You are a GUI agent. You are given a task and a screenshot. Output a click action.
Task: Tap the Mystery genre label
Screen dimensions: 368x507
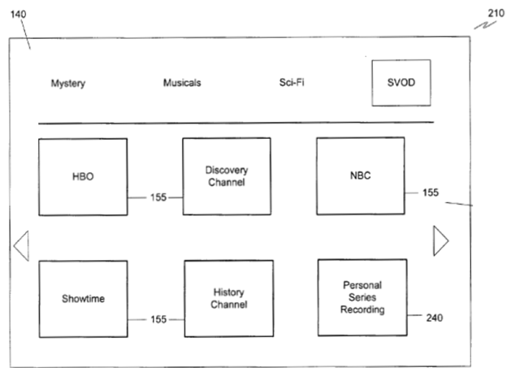pos(68,83)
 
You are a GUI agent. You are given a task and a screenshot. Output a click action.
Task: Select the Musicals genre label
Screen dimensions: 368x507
pos(182,83)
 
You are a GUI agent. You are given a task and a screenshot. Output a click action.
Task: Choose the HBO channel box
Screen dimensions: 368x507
pos(83,176)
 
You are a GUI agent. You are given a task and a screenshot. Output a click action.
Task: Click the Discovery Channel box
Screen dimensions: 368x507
pos(226,176)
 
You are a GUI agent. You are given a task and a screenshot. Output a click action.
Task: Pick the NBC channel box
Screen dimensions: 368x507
pos(360,175)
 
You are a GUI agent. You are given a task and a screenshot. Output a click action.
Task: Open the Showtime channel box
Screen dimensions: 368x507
pos(83,299)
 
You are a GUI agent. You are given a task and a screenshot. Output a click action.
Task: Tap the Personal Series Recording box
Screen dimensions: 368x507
pos(362,297)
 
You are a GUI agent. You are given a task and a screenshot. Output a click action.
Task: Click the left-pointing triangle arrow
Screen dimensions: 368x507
pos(21,245)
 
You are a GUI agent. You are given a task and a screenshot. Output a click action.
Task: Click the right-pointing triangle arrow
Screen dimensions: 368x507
pos(440,240)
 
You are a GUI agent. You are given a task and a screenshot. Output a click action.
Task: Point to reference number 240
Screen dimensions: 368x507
pos(434,317)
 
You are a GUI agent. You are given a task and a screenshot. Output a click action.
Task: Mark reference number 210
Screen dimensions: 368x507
pos(495,14)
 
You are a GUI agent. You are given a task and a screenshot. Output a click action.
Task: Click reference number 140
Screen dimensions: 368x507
pos(16,14)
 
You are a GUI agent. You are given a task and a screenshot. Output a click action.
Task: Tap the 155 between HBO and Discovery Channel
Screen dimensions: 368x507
pos(158,197)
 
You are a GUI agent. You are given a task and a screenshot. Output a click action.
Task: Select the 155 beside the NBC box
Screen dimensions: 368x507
pos(431,193)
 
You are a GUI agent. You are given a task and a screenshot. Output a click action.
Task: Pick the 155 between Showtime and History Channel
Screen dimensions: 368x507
pos(158,319)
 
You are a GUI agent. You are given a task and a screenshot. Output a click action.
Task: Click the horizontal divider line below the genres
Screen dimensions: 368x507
pos(236,123)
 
